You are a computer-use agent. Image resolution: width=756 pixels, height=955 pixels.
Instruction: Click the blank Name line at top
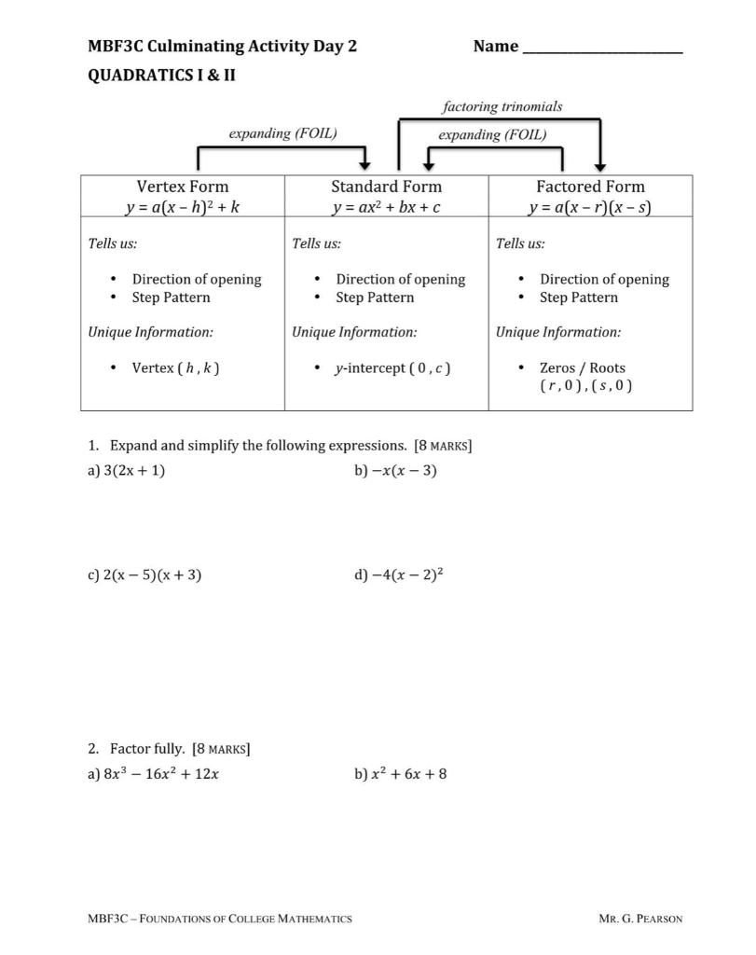(603, 49)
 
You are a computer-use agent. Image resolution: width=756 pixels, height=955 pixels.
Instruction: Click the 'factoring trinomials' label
(502, 106)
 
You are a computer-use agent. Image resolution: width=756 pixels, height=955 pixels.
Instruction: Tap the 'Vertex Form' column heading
(183, 186)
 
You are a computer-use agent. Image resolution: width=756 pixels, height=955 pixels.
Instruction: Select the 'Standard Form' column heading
(386, 186)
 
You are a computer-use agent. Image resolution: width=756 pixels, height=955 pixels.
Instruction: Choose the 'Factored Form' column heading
(590, 186)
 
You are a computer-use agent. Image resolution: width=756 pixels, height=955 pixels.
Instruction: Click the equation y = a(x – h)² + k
(183, 207)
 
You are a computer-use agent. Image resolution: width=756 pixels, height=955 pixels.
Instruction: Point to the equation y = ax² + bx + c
(386, 207)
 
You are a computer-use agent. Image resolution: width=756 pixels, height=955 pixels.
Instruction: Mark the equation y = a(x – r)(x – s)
(590, 207)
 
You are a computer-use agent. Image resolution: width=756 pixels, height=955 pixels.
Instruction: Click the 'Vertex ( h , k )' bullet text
(175, 367)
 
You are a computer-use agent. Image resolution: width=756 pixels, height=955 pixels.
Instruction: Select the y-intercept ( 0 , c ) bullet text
(392, 367)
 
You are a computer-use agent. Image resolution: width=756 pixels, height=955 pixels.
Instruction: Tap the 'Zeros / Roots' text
(583, 367)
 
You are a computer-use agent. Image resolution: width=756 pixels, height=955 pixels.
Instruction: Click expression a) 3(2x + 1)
(134, 470)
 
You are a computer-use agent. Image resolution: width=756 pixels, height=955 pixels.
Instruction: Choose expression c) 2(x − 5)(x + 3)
(153, 574)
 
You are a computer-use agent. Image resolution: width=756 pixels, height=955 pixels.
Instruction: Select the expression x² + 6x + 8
(408, 773)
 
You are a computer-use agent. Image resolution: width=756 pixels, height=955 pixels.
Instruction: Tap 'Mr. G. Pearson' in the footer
(640, 919)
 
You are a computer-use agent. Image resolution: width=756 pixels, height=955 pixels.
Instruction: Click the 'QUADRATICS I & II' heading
(161, 75)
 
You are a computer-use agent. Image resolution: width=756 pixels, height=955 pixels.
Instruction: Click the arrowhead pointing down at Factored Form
(600, 164)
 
